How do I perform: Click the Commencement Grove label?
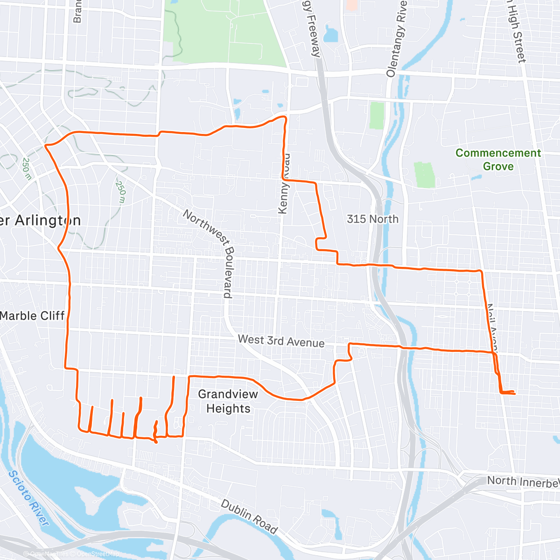click(498, 160)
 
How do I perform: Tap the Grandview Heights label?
click(228, 401)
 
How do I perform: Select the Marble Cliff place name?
click(32, 316)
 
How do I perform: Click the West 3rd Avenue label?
click(281, 341)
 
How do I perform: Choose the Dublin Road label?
click(249, 517)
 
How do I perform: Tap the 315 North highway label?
click(372, 219)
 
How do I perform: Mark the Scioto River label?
click(28, 498)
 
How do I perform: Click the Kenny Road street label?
click(284, 184)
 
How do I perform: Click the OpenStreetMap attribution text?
click(98, 554)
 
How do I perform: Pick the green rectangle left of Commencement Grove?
click(424, 175)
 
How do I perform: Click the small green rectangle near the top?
click(377, 116)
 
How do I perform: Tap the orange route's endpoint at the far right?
click(514, 394)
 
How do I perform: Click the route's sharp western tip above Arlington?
click(46, 146)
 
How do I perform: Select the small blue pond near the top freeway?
click(331, 34)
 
